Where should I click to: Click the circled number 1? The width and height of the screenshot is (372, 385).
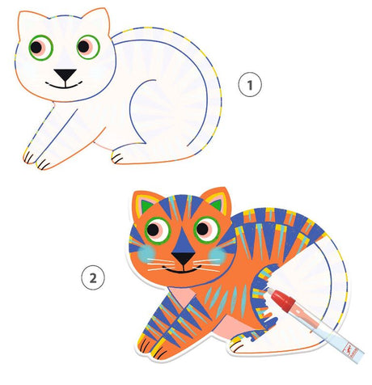coord(250,84)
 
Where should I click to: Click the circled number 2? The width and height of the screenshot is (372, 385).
coord(93,277)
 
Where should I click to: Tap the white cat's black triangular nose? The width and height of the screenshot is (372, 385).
coord(65,74)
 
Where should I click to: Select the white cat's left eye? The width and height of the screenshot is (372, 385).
coord(40,48)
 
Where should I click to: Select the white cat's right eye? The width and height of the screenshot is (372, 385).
coord(88,47)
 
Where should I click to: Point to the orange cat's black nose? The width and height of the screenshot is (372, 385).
coord(184,258)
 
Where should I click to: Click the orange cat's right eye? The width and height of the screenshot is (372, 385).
coord(207,230)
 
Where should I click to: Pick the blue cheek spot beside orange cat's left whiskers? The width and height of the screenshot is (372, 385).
coord(146,254)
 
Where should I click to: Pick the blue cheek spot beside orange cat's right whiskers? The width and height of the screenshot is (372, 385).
coord(218,256)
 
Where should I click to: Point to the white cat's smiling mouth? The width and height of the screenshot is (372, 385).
coord(64,85)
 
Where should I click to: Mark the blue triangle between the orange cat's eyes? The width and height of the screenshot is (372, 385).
coord(183,239)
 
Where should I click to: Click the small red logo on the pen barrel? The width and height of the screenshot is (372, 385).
coord(351,349)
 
